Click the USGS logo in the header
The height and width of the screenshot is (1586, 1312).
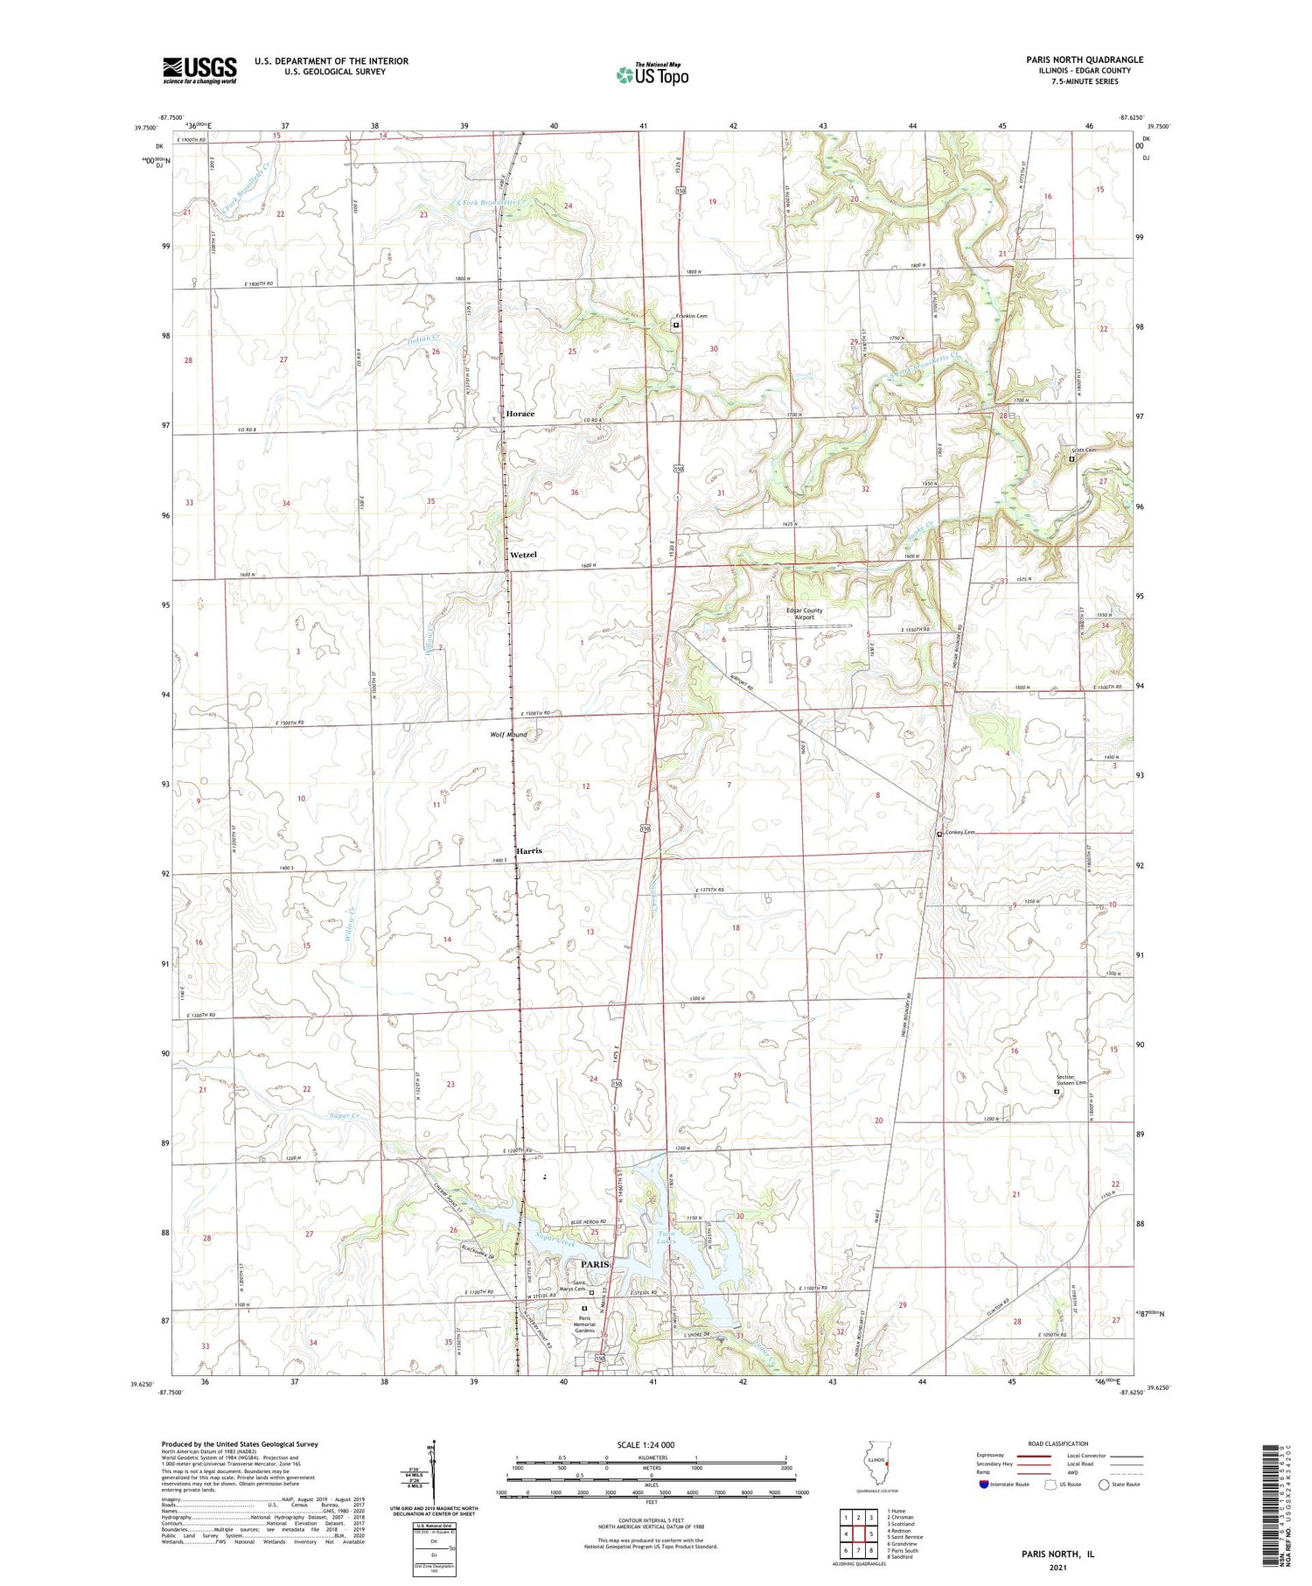coord(199,70)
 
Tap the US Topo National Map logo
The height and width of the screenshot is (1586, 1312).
coord(653,74)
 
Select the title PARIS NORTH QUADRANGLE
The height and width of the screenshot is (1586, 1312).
coord(1085,59)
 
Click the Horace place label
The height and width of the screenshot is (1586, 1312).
coord(520,414)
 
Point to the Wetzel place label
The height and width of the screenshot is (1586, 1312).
coord(523,555)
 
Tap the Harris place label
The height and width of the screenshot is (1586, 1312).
coord(528,850)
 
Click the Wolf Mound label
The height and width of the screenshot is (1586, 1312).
coord(508,735)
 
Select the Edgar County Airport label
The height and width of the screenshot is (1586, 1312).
coord(804,614)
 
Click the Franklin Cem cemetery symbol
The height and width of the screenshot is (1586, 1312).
coord(675,325)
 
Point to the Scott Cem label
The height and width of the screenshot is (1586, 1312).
coord(1085,451)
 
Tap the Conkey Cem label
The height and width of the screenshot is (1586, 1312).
coord(960,833)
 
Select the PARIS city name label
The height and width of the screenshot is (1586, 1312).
coord(595,1265)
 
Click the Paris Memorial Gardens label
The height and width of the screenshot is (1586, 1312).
coord(583,1324)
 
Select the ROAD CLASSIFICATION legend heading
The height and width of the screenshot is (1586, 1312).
coord(1058,1443)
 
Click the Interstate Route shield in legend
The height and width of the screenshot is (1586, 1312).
coord(984,1485)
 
